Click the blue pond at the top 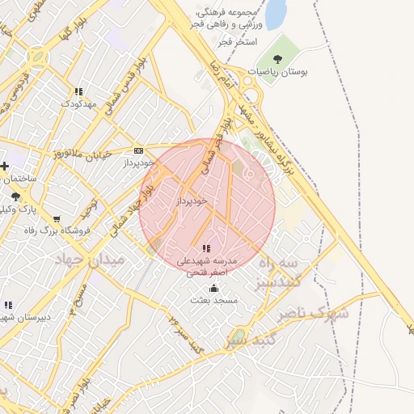276,14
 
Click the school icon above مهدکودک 78,92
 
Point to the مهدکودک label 78,104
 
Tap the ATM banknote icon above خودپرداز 139,150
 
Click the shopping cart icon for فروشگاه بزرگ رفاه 57,218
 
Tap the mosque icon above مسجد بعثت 213,288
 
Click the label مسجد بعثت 213,301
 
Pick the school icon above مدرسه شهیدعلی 206,248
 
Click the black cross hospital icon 5,167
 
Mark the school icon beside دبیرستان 8,305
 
